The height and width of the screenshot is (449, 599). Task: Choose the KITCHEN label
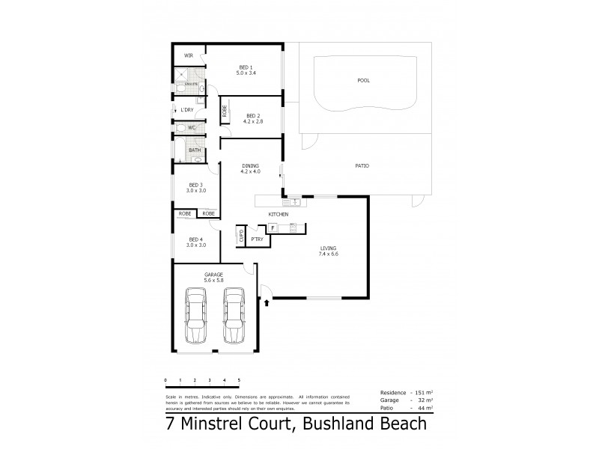279,215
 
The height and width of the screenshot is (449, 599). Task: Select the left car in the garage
197,318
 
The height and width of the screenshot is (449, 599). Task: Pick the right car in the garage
234,318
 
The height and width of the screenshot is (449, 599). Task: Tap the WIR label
189,55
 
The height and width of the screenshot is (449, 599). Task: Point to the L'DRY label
186,111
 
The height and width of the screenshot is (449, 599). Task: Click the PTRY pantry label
256,239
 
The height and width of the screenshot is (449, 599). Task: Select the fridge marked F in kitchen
273,227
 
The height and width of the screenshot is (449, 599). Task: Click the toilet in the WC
180,128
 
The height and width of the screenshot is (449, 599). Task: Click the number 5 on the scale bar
239,381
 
